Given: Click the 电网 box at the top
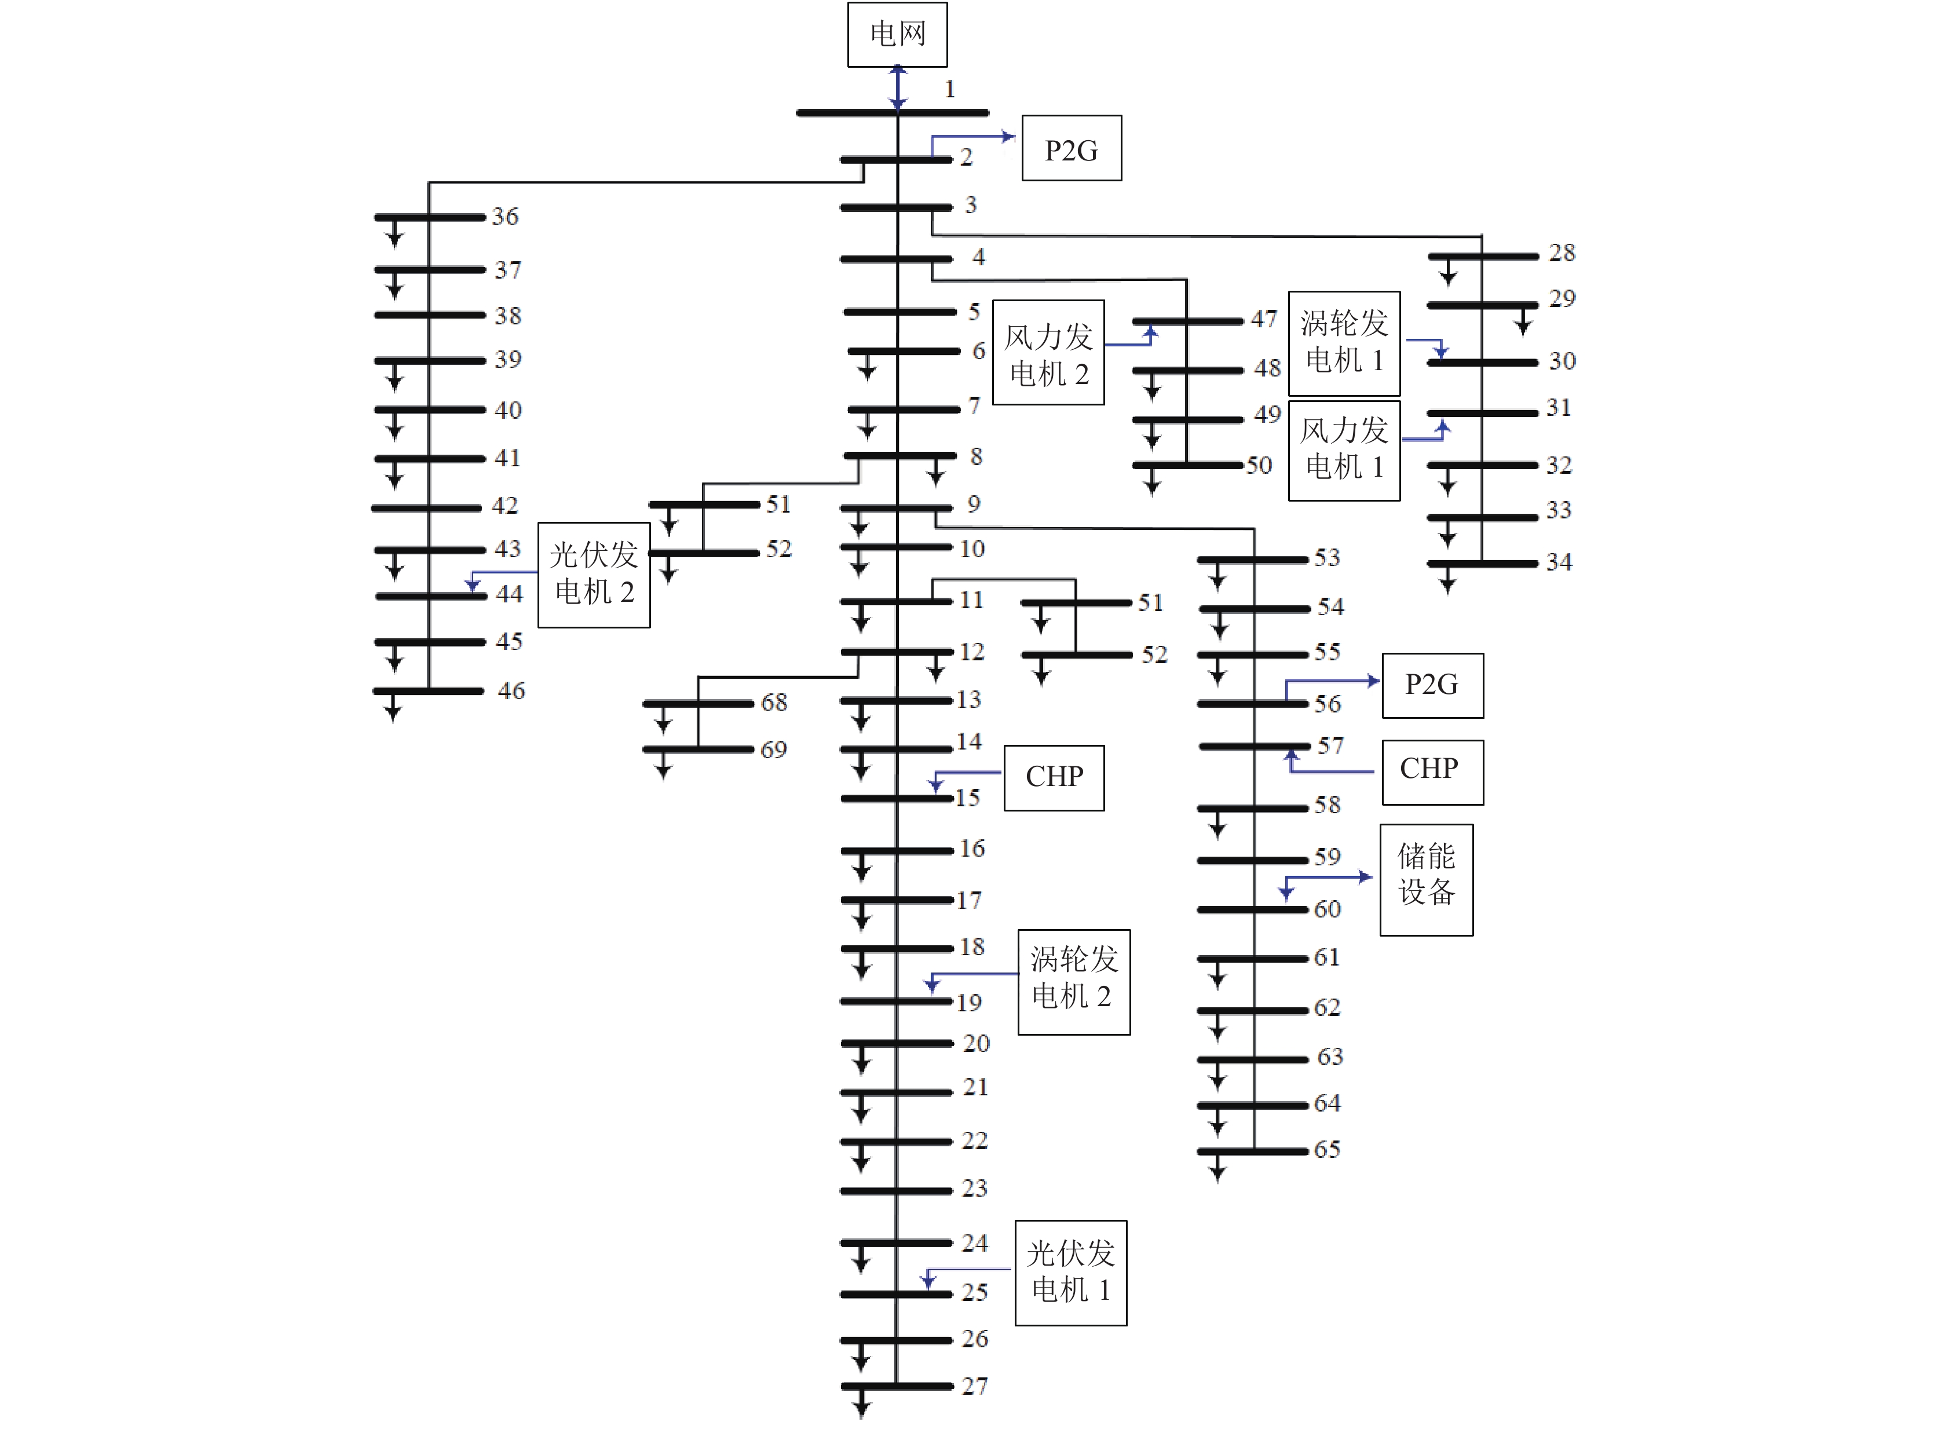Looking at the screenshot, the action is click(x=897, y=35).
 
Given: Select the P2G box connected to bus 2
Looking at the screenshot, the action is click(x=1072, y=148).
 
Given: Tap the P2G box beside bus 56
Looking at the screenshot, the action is click(x=1432, y=685).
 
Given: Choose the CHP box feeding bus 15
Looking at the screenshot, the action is click(x=1054, y=778).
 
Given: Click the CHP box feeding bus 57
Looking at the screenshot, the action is click(x=1432, y=772).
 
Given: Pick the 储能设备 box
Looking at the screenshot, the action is click(x=1426, y=880).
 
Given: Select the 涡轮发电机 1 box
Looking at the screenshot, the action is click(x=1344, y=343).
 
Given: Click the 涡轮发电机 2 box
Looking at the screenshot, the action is click(x=1074, y=982).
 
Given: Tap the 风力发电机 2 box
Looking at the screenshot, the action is click(x=1048, y=352).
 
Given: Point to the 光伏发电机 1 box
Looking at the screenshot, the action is click(x=1070, y=1273).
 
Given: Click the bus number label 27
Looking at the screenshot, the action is click(x=974, y=1386).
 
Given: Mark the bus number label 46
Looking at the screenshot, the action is click(x=511, y=690).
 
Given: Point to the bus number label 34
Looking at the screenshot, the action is click(x=1559, y=562).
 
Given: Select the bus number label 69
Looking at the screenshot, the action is click(x=774, y=750).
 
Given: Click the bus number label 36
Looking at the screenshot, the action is click(x=505, y=216).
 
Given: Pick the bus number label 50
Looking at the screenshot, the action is click(x=1259, y=466).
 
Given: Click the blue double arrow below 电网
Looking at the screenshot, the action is click(x=898, y=87).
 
